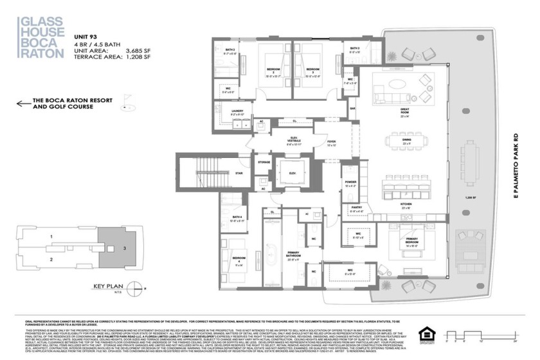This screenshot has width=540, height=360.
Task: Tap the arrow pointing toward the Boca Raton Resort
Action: pyautogui.click(x=24, y=104)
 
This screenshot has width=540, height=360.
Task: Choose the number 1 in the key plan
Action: pyautogui.click(x=50, y=237)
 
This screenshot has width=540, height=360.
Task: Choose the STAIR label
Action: pyautogui.click(x=239, y=173)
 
